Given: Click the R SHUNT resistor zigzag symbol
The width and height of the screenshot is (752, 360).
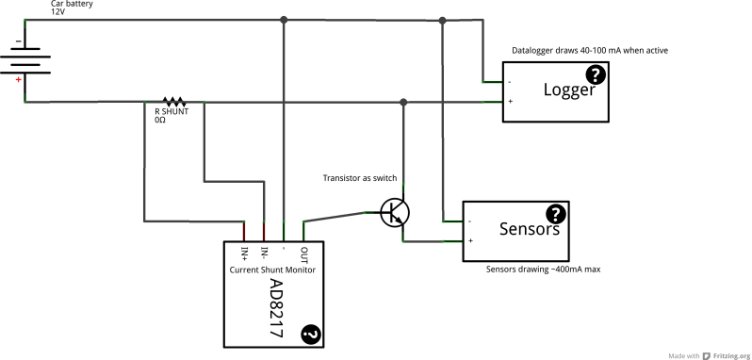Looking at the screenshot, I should pos(175,101).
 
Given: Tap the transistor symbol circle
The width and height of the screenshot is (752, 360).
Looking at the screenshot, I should pos(394,212).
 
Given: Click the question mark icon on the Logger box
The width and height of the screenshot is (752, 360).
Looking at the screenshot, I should pos(597,75).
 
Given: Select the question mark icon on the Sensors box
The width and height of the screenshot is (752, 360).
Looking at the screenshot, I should pos(556,214).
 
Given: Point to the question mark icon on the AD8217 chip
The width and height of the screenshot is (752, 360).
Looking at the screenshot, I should pos(309,333).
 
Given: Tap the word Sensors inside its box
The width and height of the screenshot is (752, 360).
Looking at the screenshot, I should pos(529,229).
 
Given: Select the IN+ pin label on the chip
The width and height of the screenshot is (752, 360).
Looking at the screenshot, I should pos(244,253).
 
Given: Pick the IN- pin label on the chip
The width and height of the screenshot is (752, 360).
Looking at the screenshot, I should pos(264,253).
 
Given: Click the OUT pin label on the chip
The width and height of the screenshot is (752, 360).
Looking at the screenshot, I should pos(303,254).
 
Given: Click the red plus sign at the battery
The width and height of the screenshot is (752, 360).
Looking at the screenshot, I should pos(17,81).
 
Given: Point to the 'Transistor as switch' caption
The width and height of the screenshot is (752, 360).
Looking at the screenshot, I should pos(360,178).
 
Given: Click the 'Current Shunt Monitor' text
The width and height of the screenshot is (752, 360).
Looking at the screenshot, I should pos(272,270).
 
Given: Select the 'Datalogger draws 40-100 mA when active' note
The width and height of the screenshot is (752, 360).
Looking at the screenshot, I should pos(589,50).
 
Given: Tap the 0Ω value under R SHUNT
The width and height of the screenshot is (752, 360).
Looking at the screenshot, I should pos(160,121).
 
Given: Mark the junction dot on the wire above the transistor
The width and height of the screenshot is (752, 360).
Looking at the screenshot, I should pos(403,101).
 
